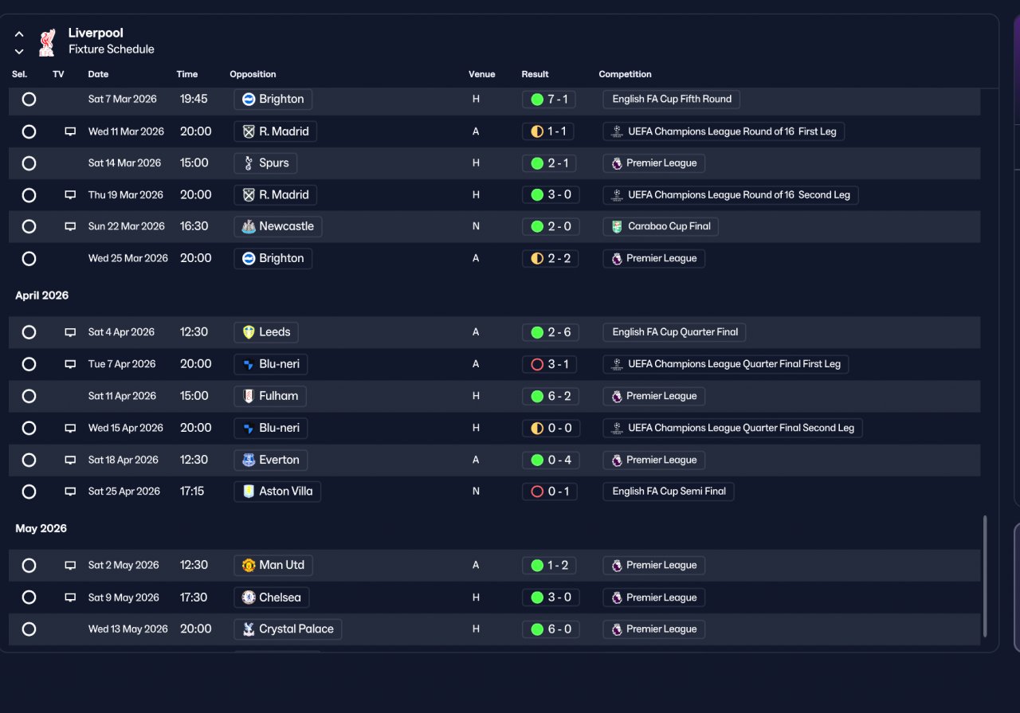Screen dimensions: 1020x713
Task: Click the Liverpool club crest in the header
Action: (x=47, y=42)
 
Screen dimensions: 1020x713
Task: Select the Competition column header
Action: (x=625, y=74)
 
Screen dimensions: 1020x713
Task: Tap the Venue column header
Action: (x=482, y=74)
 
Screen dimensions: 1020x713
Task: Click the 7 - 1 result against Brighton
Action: (x=549, y=100)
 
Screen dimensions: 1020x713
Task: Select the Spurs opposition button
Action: (x=265, y=163)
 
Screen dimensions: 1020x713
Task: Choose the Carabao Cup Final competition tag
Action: (x=661, y=226)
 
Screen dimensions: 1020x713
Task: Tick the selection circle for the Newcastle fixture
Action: (x=29, y=226)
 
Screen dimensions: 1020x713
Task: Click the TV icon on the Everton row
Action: (x=70, y=460)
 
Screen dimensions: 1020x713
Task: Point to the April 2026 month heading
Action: (x=42, y=296)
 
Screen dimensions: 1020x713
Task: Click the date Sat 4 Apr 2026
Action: (x=121, y=332)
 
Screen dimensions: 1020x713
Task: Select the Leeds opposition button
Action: (x=266, y=332)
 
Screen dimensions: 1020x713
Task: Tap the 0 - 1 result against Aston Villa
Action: (x=550, y=492)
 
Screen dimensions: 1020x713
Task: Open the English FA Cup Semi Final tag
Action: (x=669, y=492)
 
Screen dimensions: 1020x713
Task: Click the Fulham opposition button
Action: (x=270, y=396)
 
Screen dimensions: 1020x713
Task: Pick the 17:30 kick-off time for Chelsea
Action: (x=194, y=597)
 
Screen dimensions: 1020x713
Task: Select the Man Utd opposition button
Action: (x=273, y=565)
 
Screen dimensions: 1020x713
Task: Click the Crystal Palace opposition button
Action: (x=288, y=629)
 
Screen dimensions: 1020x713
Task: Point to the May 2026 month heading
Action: (x=41, y=529)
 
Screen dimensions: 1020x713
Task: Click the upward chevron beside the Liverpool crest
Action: (x=19, y=34)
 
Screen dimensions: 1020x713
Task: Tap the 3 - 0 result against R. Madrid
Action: (x=551, y=195)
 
